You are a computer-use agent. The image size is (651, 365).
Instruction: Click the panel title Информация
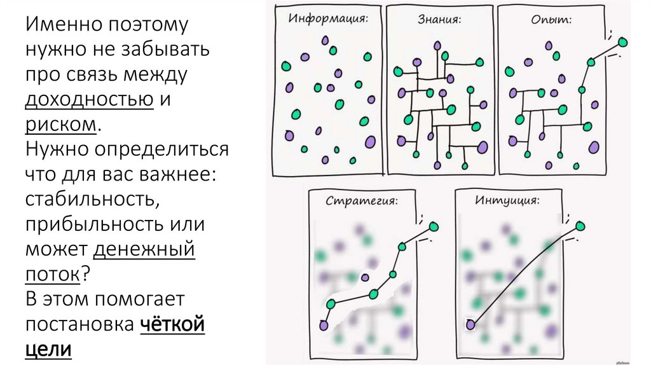(x=328, y=18)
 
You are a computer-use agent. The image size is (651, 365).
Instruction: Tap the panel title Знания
(x=439, y=18)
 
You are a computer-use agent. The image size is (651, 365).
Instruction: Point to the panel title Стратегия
(x=362, y=202)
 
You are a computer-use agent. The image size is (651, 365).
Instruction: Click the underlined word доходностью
(x=90, y=99)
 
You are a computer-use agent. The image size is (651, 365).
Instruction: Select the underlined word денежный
(x=144, y=248)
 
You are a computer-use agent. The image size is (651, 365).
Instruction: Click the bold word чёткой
(x=172, y=324)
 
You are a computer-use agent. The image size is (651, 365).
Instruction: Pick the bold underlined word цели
(x=48, y=348)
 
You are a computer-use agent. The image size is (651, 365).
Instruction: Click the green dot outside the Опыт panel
(x=622, y=43)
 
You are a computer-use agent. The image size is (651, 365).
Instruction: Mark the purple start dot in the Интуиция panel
(x=470, y=325)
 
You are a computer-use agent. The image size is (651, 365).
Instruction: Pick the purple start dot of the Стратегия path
(x=324, y=325)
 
